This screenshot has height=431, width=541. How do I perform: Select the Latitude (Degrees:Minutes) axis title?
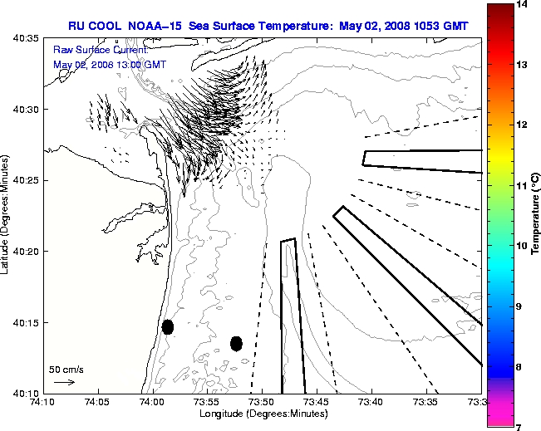click(7, 215)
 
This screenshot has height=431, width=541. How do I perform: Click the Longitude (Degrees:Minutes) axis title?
click(261, 414)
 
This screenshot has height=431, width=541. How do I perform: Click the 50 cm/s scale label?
click(66, 369)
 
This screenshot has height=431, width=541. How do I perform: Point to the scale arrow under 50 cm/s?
click(64, 382)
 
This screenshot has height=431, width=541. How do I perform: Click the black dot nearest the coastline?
click(168, 326)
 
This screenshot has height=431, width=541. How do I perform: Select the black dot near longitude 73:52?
click(236, 343)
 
